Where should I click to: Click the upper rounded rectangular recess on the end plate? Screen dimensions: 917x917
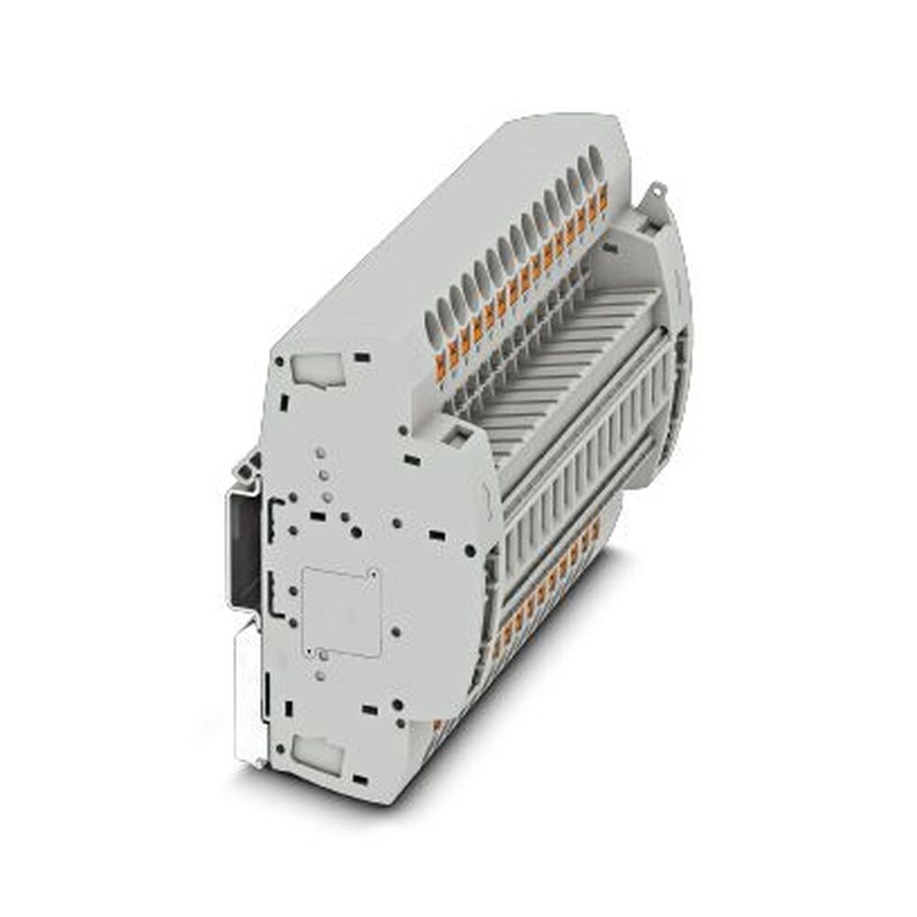(x=313, y=370)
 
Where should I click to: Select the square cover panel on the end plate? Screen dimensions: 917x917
(x=341, y=611)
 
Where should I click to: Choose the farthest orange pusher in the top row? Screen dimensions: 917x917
(x=603, y=195)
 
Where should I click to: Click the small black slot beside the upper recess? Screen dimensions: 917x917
(x=363, y=355)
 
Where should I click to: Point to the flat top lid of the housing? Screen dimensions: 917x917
(x=458, y=229)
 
